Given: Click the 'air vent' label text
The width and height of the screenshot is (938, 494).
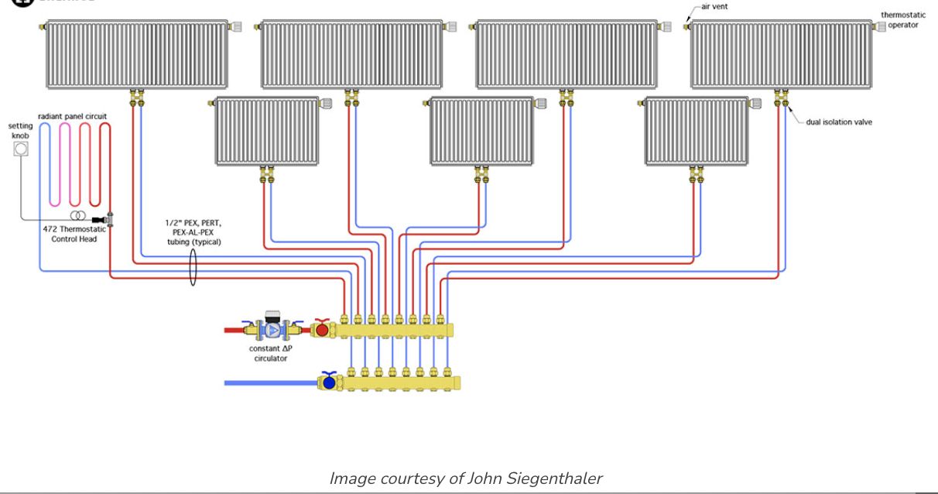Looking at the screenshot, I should [x=714, y=6].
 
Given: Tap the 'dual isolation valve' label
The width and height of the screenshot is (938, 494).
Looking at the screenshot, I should [x=839, y=122].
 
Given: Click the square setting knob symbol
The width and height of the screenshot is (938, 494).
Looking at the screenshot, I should [x=21, y=148].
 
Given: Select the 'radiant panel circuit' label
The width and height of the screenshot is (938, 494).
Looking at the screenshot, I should [x=72, y=116].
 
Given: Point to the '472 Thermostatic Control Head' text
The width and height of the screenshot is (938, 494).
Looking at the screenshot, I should [x=73, y=234].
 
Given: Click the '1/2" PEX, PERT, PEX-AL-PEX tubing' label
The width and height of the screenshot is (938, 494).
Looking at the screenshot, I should [x=193, y=232].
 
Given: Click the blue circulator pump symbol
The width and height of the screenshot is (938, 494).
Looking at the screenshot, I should [x=272, y=329].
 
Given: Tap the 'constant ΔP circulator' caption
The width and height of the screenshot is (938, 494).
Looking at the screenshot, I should [x=270, y=353].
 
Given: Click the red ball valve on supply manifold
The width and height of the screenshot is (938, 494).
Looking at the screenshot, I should [x=322, y=330].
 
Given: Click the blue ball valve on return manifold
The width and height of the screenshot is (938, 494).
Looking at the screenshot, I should [x=329, y=382].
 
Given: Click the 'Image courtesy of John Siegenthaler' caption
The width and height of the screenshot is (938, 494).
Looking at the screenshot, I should [x=465, y=478].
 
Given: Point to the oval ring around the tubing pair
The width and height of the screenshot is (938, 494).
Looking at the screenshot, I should [x=193, y=266].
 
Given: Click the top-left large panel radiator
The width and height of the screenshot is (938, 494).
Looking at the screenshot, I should [x=136, y=54].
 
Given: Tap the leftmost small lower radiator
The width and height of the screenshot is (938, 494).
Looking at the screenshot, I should [x=267, y=131].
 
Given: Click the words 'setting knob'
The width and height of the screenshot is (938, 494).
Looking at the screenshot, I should [x=21, y=131].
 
